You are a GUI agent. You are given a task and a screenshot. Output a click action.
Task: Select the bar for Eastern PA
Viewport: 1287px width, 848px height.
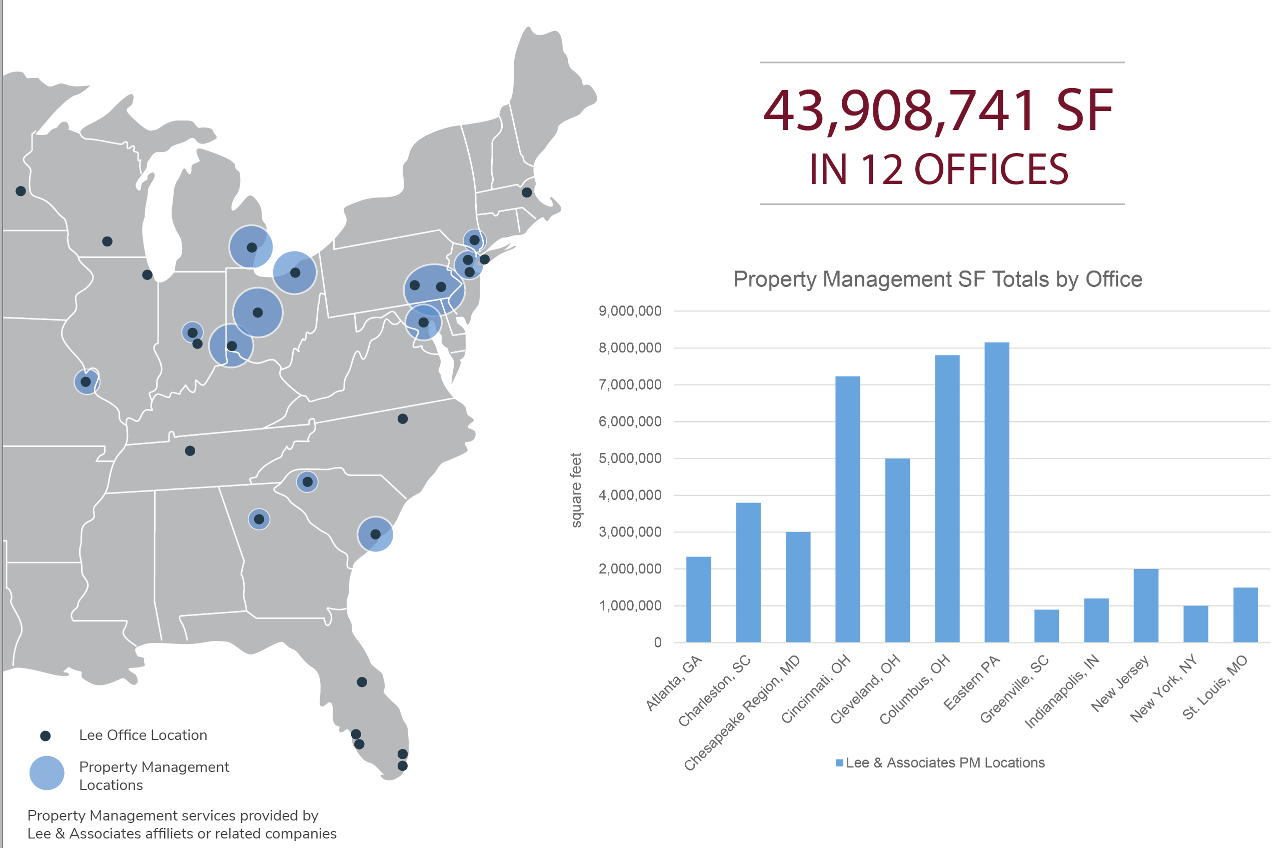(x=996, y=492)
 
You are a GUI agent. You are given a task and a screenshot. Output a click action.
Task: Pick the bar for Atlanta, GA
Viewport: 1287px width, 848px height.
(x=698, y=599)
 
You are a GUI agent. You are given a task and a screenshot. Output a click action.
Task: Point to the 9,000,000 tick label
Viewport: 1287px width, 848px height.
(x=630, y=311)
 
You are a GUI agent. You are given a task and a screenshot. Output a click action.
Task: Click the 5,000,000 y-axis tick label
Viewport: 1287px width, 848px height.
(x=630, y=458)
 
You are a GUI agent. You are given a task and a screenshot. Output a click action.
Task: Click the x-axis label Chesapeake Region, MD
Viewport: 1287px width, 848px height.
(x=741, y=713)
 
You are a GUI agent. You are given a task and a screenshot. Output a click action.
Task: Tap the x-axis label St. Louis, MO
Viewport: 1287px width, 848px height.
(x=1215, y=687)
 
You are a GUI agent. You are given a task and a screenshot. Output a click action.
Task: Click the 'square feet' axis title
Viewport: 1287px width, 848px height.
(x=576, y=489)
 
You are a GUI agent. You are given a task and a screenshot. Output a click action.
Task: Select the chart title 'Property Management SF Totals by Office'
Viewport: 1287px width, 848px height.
(x=937, y=279)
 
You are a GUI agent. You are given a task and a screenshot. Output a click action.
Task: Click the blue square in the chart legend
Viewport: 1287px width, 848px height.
(x=839, y=763)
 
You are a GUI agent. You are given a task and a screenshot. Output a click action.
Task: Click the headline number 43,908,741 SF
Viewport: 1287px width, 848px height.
(x=937, y=111)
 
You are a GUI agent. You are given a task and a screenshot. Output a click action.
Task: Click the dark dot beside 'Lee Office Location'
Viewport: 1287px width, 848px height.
(x=46, y=735)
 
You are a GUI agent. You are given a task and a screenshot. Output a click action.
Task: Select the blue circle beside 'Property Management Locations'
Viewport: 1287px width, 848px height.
(x=47, y=773)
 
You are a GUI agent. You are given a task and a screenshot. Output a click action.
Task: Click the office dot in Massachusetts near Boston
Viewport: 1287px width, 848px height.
(x=526, y=192)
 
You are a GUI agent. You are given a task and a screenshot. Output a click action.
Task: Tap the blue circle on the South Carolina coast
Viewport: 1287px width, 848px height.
(x=375, y=534)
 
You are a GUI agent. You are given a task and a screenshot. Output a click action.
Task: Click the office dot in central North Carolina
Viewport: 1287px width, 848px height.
(x=403, y=418)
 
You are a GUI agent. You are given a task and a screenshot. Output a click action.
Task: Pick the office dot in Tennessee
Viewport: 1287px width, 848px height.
(x=190, y=450)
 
